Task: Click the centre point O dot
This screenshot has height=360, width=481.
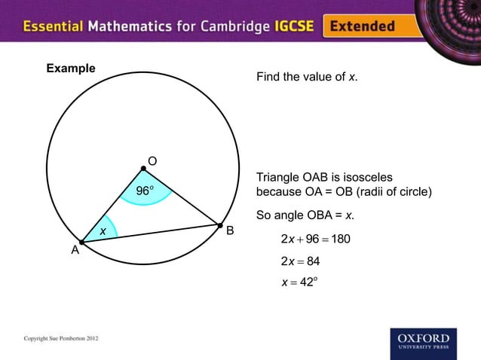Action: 143,169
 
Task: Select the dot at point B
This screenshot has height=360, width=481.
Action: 219,224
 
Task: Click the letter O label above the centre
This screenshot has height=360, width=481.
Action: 152,161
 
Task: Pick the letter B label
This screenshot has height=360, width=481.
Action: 231,230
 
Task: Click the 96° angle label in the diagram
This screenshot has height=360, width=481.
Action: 146,191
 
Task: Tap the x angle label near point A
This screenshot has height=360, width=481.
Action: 103,229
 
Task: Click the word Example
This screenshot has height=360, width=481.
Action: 71,69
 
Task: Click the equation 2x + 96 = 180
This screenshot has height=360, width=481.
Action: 315,239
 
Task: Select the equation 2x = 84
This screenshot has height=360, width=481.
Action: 301,261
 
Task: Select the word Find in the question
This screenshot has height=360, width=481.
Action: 268,77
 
